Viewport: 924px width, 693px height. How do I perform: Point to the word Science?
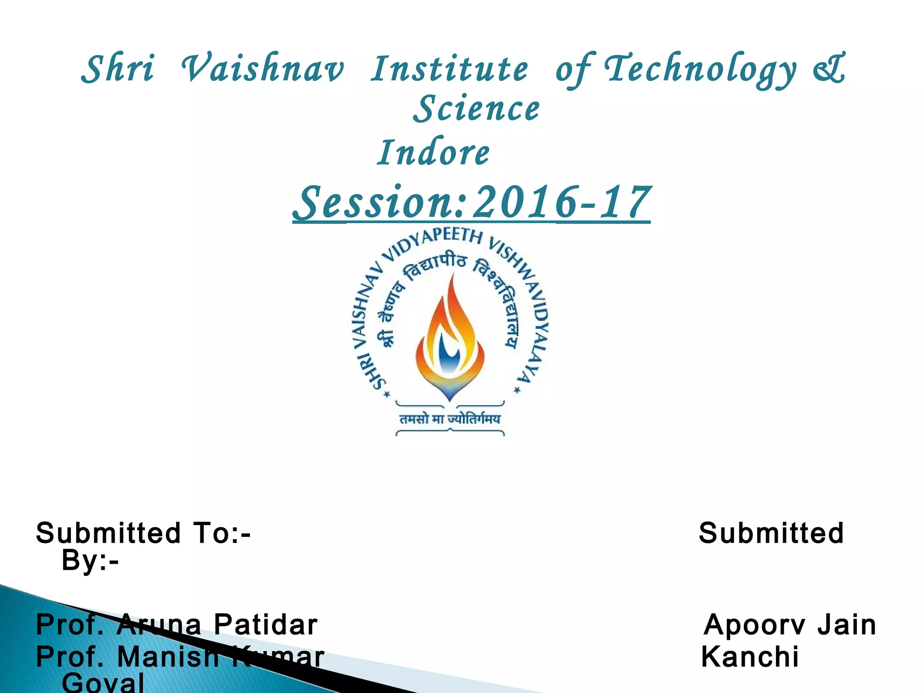point(476,109)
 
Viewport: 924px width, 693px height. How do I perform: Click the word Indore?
point(433,152)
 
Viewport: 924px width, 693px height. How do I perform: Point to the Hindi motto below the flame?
point(450,419)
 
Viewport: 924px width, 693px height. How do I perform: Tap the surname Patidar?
point(265,625)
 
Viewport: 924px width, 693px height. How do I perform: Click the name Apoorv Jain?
point(790,625)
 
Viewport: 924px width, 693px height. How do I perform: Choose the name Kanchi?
point(749,656)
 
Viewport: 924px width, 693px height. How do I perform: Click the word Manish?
point(168,656)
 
